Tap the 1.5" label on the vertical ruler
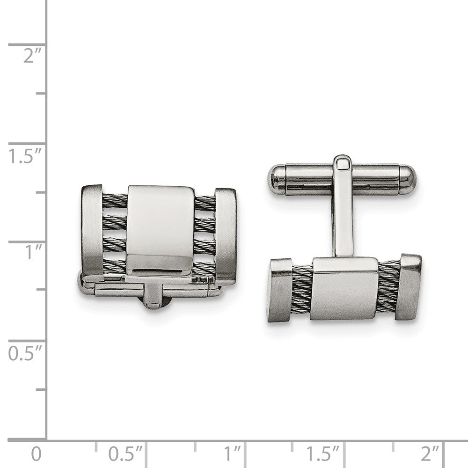(26, 156)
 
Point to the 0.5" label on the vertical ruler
(26, 353)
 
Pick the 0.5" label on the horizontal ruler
(126, 453)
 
